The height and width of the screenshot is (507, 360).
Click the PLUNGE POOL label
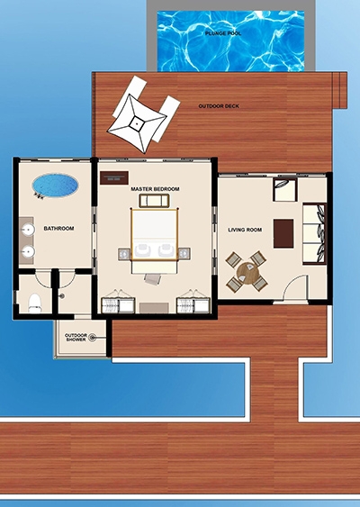223,33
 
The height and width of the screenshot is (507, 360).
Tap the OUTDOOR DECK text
219,106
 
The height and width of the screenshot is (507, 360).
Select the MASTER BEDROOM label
155,189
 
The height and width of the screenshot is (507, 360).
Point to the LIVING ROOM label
245,230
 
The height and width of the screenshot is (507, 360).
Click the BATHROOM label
58,229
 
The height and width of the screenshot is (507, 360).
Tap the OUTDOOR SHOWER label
76,338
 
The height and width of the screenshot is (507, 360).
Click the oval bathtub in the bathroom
55,186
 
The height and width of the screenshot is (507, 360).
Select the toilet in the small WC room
35,303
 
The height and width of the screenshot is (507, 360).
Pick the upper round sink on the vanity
29,231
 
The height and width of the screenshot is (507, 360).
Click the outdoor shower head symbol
92,338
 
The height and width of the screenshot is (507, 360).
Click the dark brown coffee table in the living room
283,233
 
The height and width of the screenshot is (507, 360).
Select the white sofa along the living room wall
314,234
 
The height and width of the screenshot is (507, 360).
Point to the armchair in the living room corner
285,190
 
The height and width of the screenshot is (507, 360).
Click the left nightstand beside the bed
124,254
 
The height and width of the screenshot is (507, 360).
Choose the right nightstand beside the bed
184,254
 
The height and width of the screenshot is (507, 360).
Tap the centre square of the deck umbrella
137,123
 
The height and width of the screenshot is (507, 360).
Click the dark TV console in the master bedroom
114,177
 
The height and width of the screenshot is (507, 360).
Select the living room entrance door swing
294,287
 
